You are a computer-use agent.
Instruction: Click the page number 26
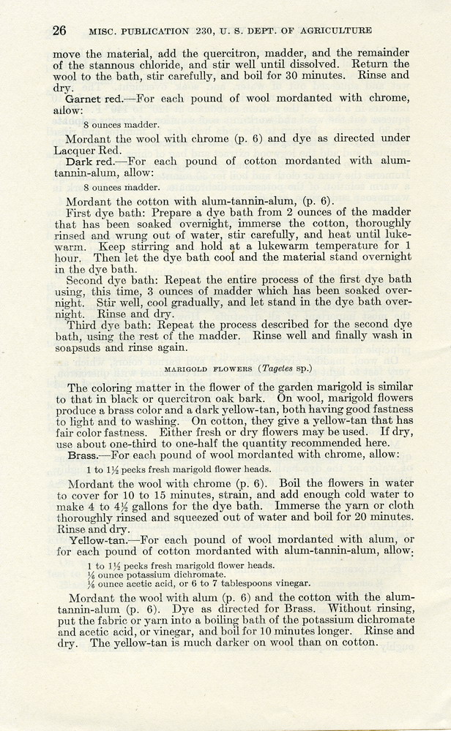pos(59,31)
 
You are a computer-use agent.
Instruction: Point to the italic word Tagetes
pos(266,369)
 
